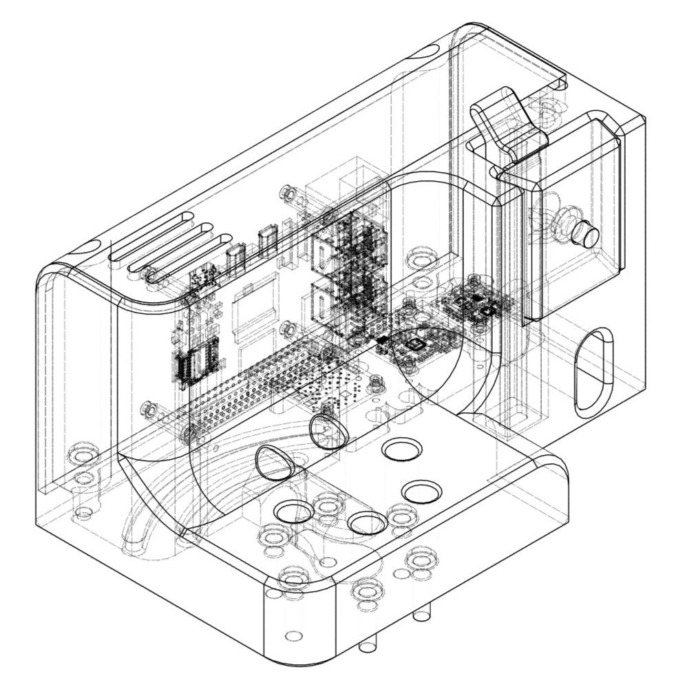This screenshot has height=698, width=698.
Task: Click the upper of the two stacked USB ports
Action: coord(324,252)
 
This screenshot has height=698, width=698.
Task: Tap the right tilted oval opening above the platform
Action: coord(328,430)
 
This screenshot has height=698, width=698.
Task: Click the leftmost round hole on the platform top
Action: coord(294,511)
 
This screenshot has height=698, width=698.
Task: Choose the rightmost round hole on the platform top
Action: coord(421,491)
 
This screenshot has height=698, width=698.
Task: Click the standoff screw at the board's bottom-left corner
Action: coord(147,408)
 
